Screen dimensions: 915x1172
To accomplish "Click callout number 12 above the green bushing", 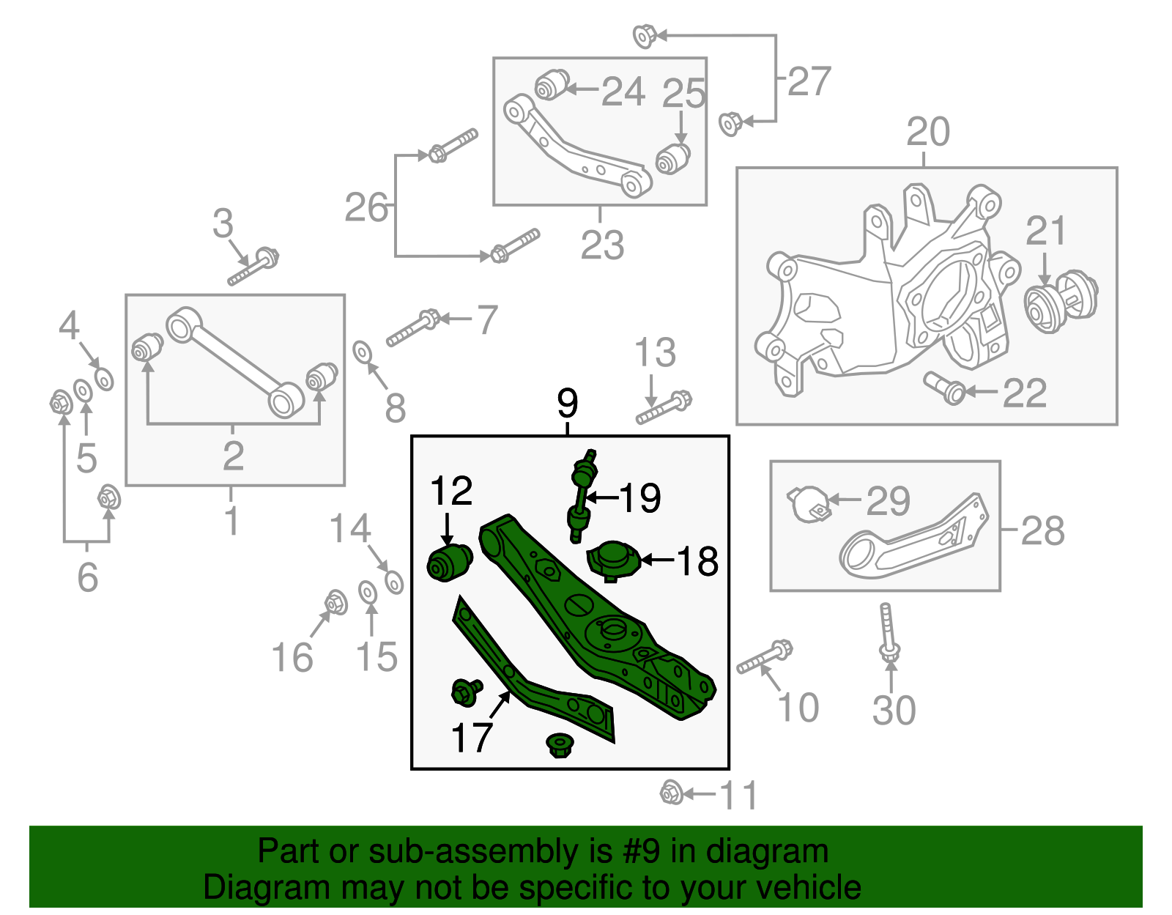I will click(x=451, y=492).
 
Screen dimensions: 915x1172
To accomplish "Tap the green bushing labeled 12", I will click(x=449, y=563).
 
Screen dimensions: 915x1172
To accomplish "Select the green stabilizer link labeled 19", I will click(x=582, y=495).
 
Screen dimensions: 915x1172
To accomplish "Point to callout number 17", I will click(x=472, y=738).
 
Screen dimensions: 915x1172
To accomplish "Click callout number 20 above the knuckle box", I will click(x=927, y=133).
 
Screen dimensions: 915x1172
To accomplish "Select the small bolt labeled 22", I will click(x=944, y=388).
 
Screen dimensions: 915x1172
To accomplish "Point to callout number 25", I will click(x=683, y=95).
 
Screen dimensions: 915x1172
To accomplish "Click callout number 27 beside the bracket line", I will click(x=809, y=81).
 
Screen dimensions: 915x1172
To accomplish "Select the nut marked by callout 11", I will click(x=671, y=793).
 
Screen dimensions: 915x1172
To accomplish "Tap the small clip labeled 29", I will click(x=809, y=504).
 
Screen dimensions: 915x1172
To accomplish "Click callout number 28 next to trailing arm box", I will click(x=1042, y=530).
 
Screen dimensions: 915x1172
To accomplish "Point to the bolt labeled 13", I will click(x=664, y=409).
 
